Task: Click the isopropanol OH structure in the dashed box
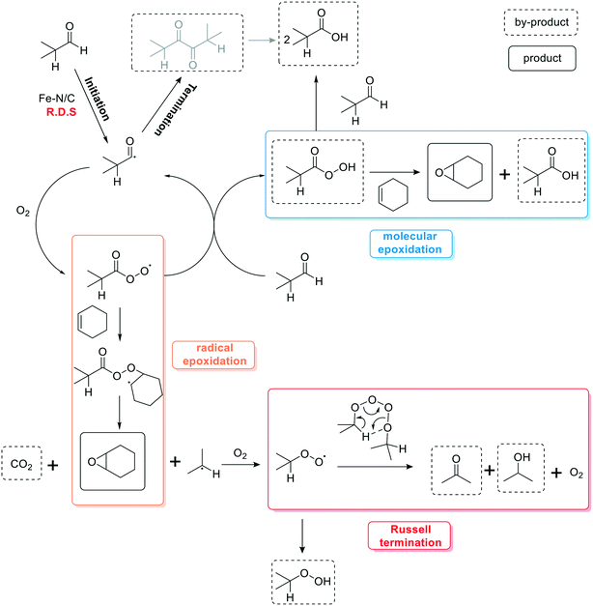coord(522,465)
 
